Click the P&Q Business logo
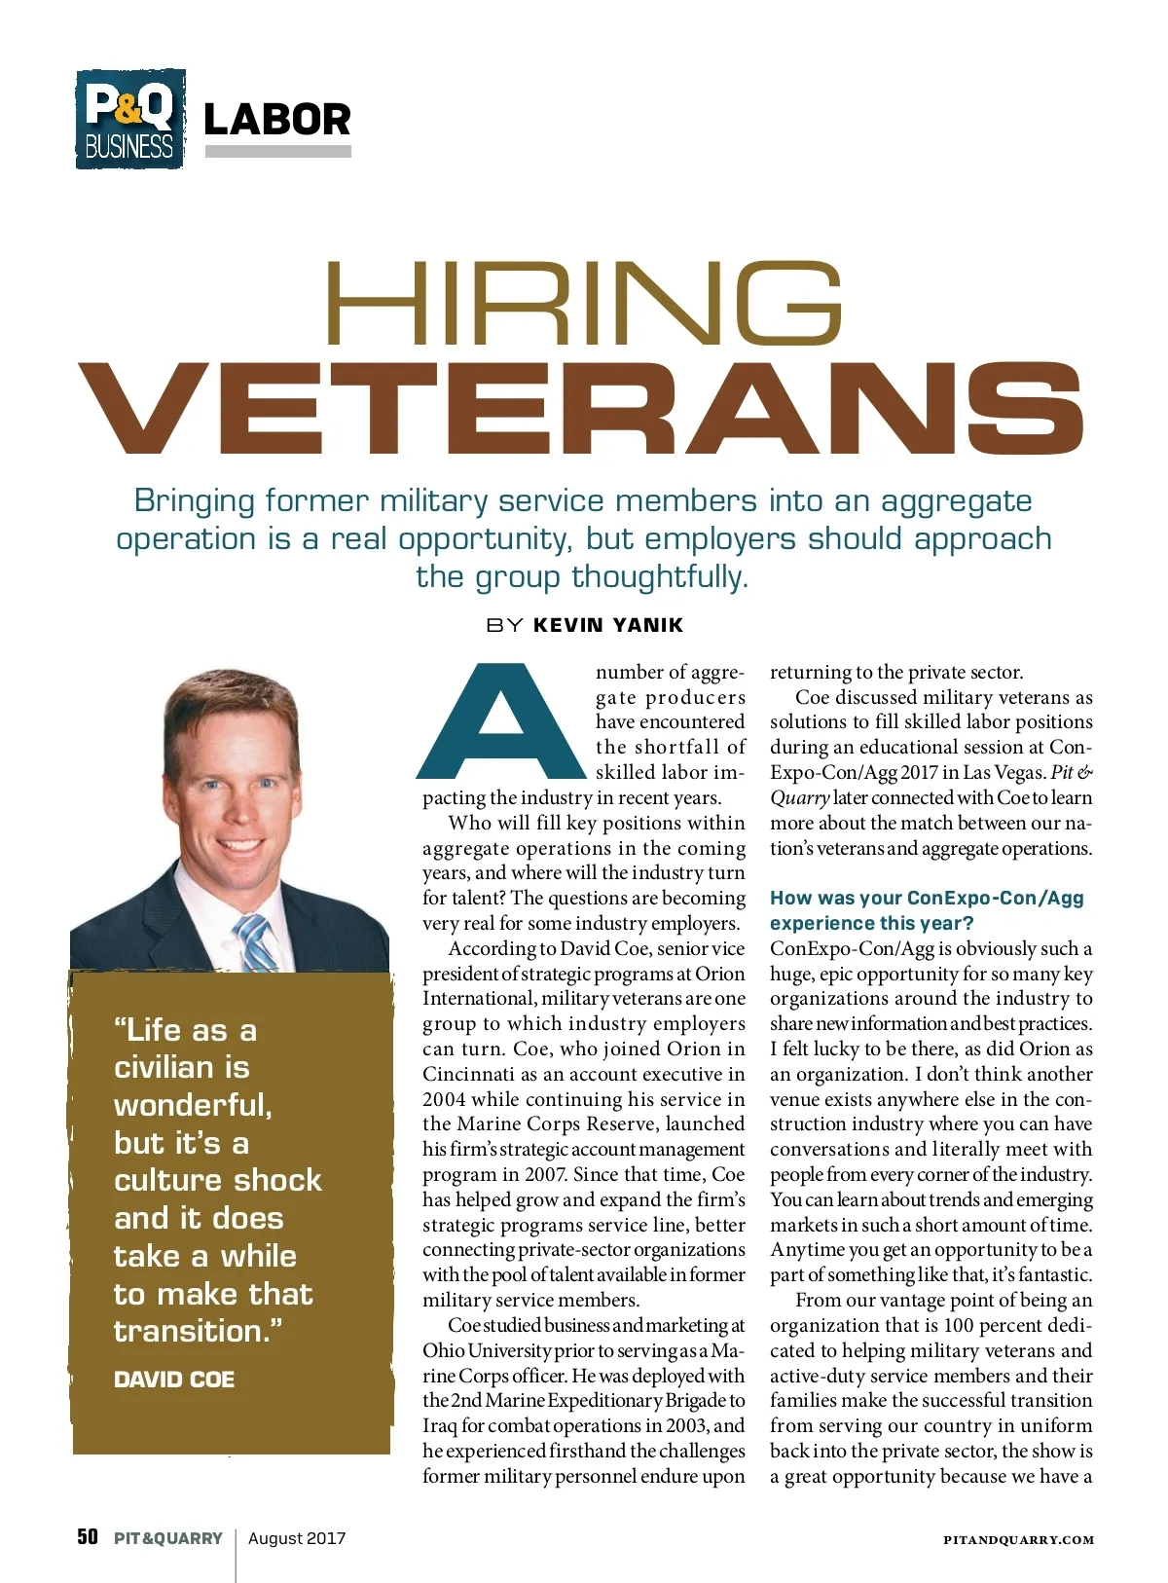click(x=130, y=119)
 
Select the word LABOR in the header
click(x=277, y=120)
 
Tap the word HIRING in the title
click(x=582, y=304)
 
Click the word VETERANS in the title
click(x=582, y=409)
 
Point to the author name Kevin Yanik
click(x=608, y=625)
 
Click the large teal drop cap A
click(x=500, y=722)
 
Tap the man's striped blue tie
click(x=256, y=943)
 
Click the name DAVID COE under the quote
click(x=174, y=1380)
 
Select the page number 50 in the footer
click(x=88, y=1537)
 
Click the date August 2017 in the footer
click(x=297, y=1538)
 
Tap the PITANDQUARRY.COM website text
click(x=1018, y=1540)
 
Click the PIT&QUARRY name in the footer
click(x=168, y=1538)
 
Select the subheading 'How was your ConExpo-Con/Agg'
click(x=926, y=898)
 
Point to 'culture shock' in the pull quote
click(x=218, y=1180)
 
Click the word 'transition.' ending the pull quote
click(x=198, y=1331)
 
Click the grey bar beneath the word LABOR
click(x=277, y=152)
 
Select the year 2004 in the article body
click(x=444, y=1099)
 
